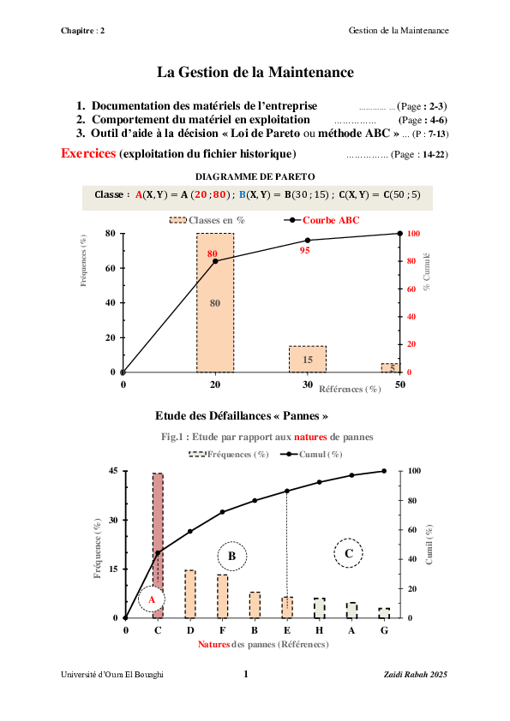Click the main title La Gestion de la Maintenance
255,74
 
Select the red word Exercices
88,153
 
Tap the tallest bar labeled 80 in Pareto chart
215,303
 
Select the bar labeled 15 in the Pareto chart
307,359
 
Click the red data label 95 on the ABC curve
304,250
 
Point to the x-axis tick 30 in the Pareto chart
307,384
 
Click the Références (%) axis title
350,389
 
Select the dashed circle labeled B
231,556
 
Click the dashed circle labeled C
349,553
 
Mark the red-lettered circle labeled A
152,599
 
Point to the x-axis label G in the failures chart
384,630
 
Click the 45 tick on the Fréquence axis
112,471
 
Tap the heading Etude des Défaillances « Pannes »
243,416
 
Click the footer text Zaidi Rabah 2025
415,675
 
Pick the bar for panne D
190,594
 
